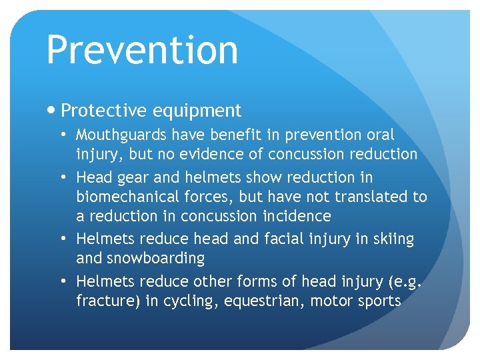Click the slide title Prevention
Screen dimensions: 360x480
(142, 50)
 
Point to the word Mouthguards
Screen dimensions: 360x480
(121, 135)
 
